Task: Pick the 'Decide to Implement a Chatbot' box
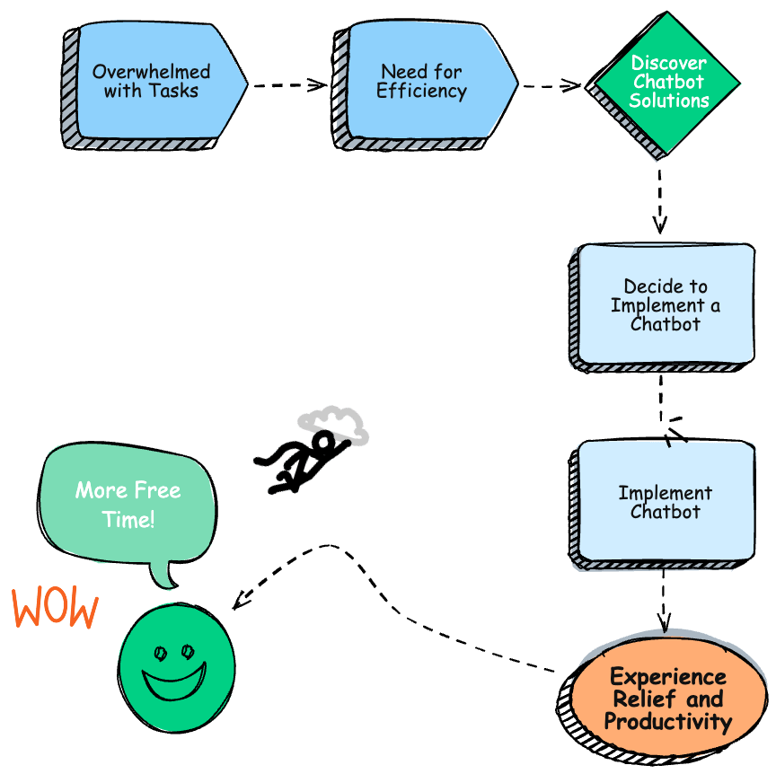(x=666, y=304)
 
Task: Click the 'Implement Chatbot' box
(x=666, y=502)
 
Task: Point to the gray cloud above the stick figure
(x=334, y=423)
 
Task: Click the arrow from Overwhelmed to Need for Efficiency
(x=288, y=85)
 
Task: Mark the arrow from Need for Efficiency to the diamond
(x=551, y=86)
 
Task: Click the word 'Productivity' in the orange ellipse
(x=668, y=721)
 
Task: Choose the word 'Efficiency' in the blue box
(x=421, y=92)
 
